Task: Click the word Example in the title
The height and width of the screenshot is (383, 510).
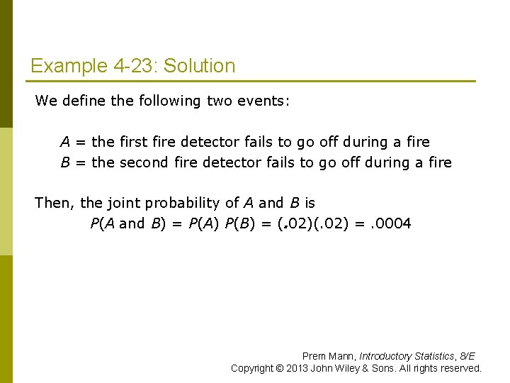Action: pos(69,67)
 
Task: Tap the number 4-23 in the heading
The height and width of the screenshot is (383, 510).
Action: pos(135,67)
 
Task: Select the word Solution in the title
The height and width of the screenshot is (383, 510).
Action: pos(200,67)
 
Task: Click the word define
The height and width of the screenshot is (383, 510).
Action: pos(84,101)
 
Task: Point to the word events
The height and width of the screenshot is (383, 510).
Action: pos(264,101)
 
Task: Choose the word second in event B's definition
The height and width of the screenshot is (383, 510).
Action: pos(144,162)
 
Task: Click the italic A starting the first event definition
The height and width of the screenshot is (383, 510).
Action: pos(64,142)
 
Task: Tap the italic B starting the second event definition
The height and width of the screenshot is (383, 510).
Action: pos(64,162)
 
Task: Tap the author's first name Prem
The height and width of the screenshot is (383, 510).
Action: pos(314,356)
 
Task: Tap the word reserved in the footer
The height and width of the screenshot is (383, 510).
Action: pos(462,368)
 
